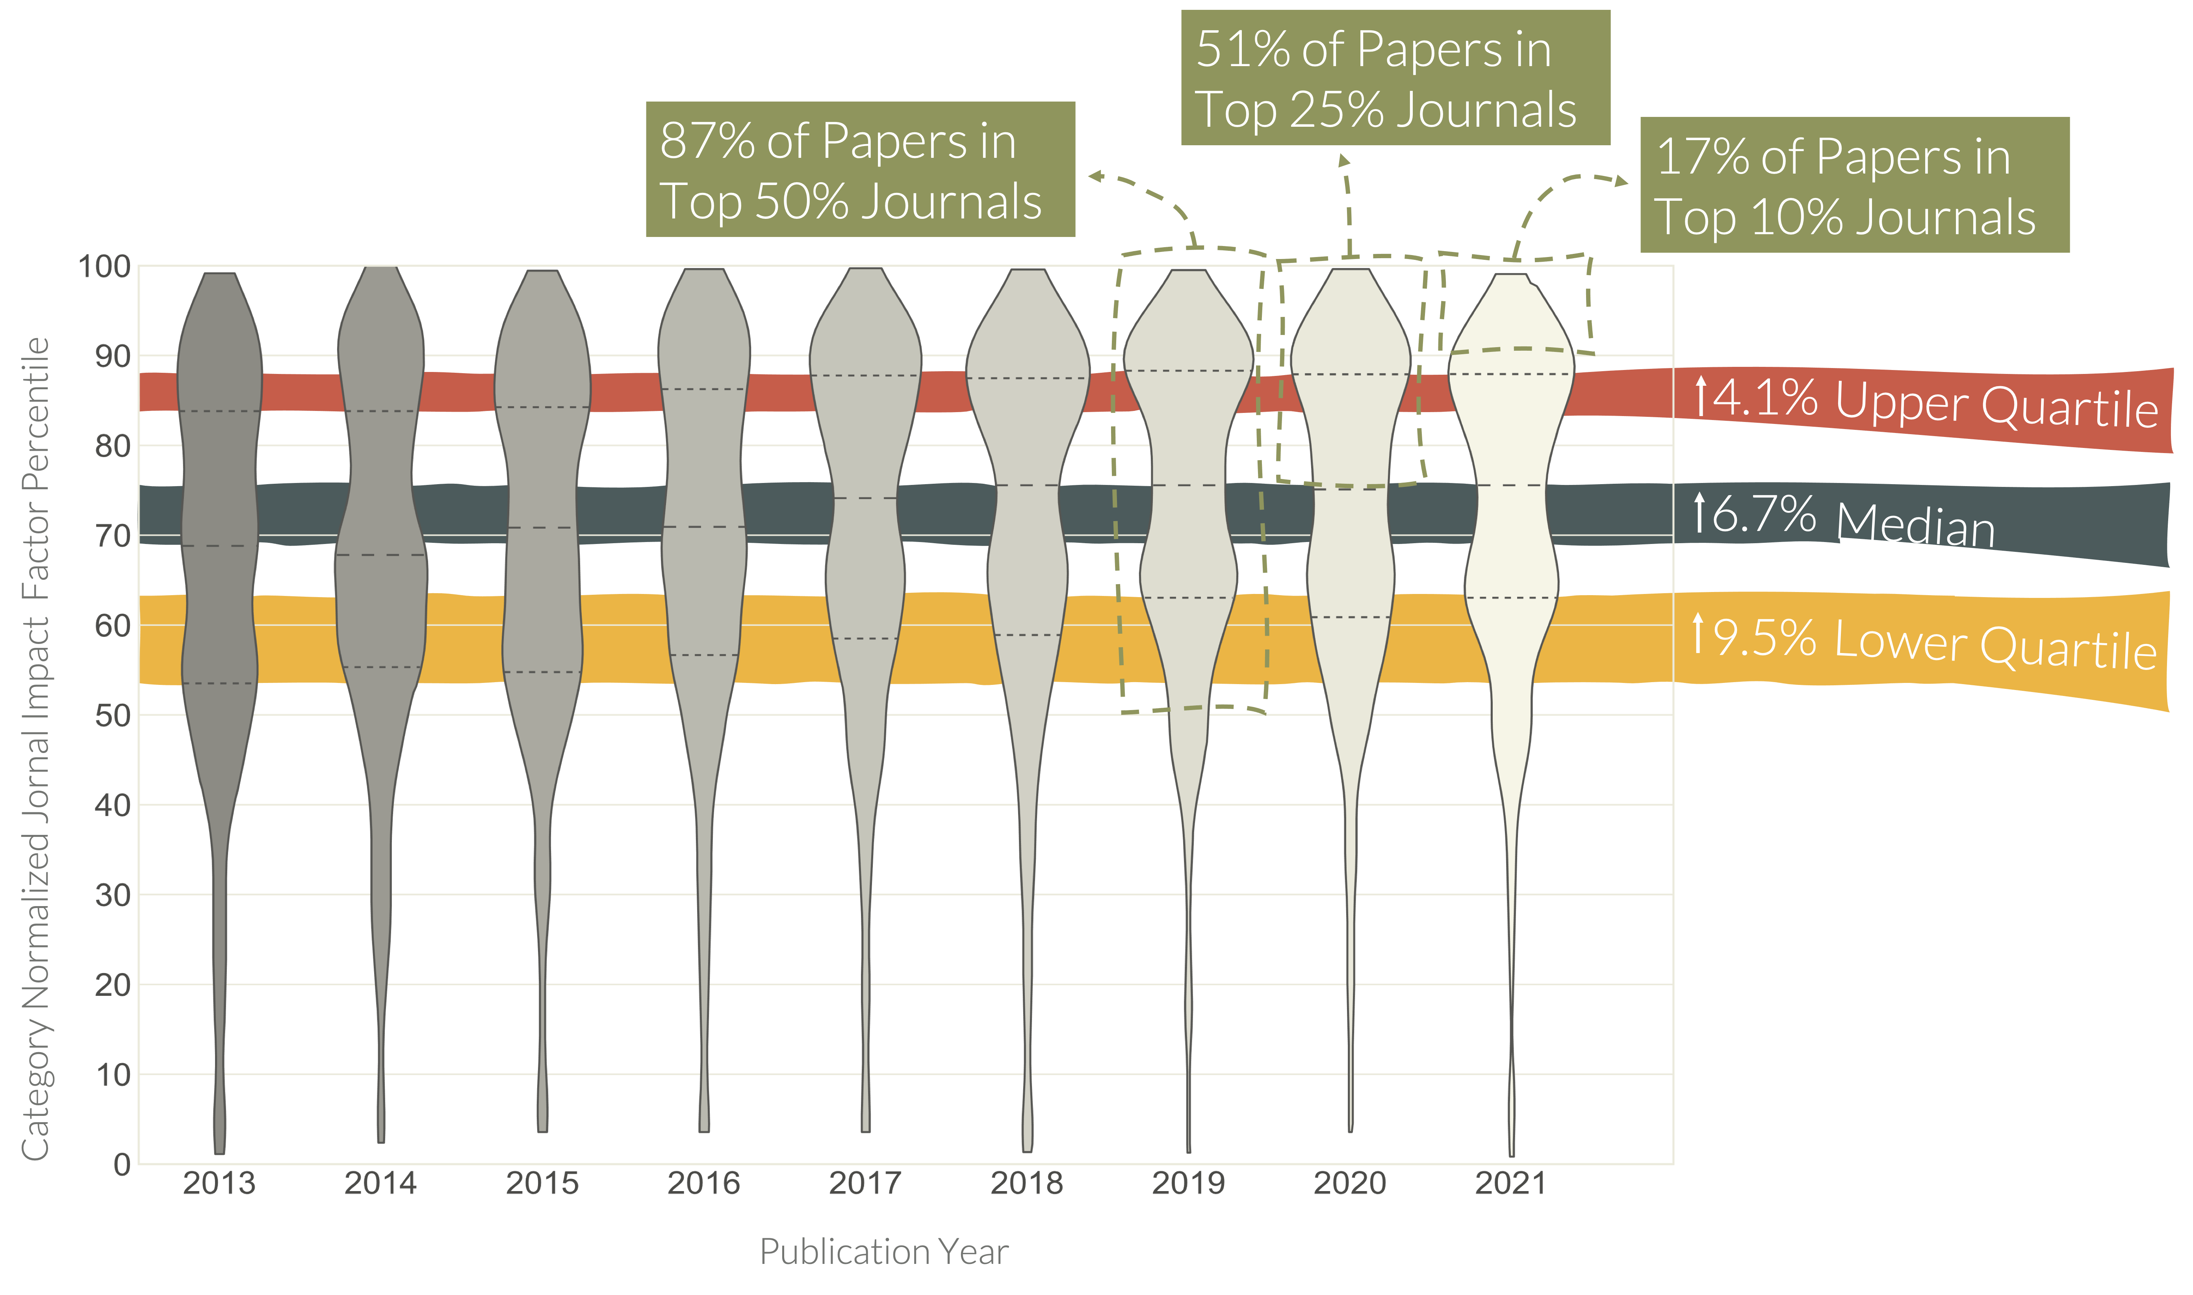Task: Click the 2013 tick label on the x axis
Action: (x=219, y=1183)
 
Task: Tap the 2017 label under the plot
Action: (x=865, y=1183)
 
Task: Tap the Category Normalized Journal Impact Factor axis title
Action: (x=35, y=746)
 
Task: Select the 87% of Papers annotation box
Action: (x=860, y=169)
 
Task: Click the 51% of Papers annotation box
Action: (x=1395, y=78)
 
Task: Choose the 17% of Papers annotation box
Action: (x=1854, y=185)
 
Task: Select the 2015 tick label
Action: (x=542, y=1183)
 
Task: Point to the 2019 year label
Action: (x=1188, y=1183)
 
